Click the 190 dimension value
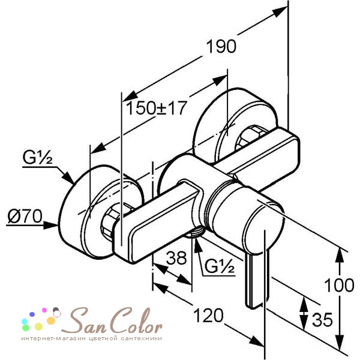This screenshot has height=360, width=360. coord(221,46)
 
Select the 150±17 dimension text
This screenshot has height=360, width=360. coord(157,107)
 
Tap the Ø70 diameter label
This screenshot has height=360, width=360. coord(25,216)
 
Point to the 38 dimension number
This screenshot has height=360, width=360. coord(176,257)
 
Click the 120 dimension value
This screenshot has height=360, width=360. coord(208,316)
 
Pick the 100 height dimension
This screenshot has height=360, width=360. coord(339,285)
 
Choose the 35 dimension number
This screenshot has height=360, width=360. coord(322,319)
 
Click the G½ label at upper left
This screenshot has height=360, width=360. coord(37,157)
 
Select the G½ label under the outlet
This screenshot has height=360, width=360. coord(220,266)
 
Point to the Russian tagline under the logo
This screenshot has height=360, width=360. coord(92,338)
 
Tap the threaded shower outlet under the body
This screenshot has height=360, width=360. coord(196,233)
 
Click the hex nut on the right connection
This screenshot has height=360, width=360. coord(249,137)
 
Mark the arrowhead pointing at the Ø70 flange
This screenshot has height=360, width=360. coord(51,226)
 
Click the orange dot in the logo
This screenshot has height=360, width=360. coord(51,320)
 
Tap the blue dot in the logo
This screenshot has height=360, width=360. coord(32,314)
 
